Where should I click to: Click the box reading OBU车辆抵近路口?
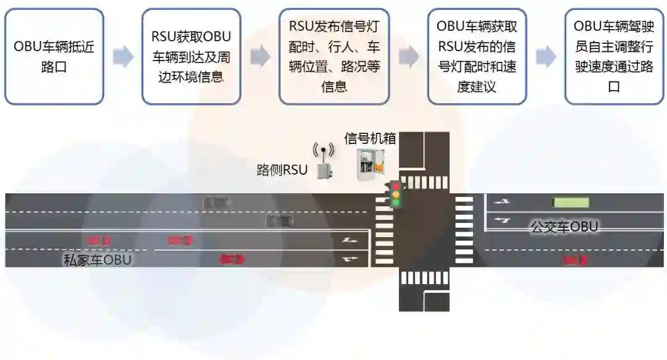54,56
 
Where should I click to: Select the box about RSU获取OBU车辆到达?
191,56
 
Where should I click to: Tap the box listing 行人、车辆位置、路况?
333,56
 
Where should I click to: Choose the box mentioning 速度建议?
477,56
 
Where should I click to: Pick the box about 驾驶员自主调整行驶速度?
614,56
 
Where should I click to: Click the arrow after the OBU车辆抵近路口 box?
123,57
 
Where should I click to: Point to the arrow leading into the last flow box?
545,57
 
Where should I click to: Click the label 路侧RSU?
282,170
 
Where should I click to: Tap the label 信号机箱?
369,138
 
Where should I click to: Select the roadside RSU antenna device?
322,162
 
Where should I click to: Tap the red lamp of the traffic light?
396,186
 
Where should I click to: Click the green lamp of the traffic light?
396,203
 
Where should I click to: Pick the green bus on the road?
570,202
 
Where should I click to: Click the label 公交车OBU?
564,227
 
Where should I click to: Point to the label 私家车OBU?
98,259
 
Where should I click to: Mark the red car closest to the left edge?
98,240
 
